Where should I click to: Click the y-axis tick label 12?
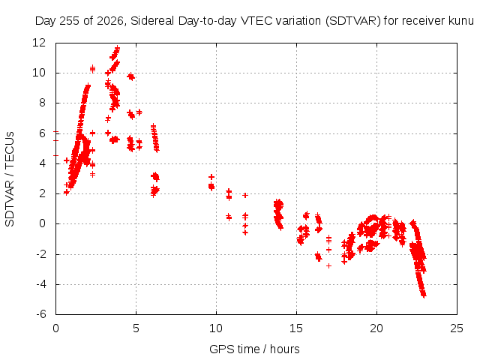point(39,43)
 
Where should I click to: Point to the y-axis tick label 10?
point(39,73)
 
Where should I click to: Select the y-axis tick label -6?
point(41,314)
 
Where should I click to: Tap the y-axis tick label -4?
point(41,284)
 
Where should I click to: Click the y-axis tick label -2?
point(41,254)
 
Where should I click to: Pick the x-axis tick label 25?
point(457,328)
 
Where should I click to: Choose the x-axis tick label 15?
point(296,328)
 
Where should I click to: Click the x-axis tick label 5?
point(136,328)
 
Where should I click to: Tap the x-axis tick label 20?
point(376,328)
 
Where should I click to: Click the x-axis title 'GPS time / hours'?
point(254,349)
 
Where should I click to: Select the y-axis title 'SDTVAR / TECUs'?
point(10,179)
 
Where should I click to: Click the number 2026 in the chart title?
point(110,21)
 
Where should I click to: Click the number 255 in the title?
point(70,21)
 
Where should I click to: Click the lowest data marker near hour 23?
point(424,295)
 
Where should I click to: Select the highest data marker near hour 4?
point(117,48)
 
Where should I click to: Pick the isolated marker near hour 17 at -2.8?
point(328,265)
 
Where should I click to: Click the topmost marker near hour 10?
point(211,177)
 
